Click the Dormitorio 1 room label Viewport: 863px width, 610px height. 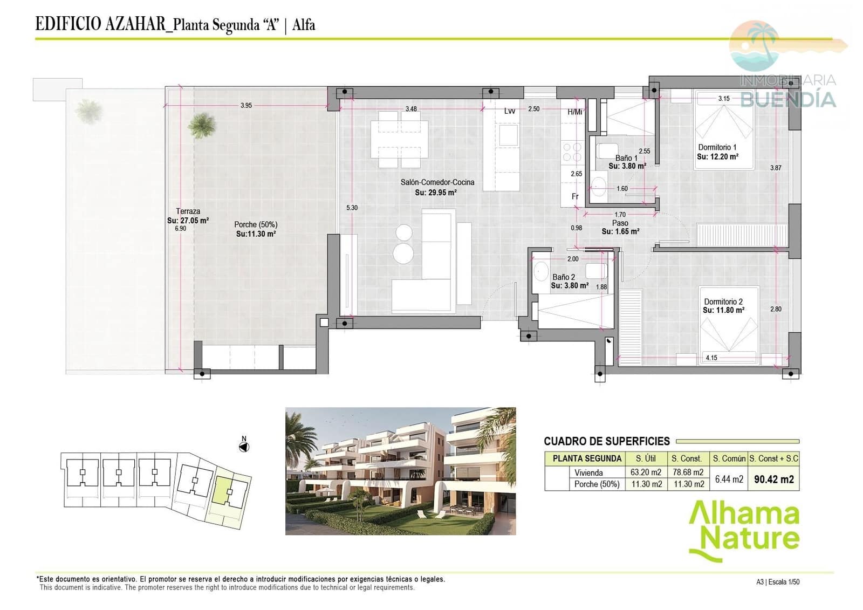717,147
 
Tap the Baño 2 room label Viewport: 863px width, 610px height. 564,277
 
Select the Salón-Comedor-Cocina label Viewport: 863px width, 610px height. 437,182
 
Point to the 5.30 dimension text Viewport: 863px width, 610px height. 352,208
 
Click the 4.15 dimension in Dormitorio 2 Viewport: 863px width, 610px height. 711,358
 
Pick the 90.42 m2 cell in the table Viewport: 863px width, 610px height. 773,479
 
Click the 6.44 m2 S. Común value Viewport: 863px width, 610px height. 729,479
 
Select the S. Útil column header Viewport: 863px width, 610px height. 646,458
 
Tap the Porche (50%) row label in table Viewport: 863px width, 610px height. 597,484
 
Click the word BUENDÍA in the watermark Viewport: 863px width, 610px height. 787,99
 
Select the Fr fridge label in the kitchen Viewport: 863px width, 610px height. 575,196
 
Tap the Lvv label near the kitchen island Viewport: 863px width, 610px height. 509,111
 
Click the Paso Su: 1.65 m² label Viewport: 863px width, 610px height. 620,227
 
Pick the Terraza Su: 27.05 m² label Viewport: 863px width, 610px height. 188,216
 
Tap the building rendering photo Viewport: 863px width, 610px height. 400,471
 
